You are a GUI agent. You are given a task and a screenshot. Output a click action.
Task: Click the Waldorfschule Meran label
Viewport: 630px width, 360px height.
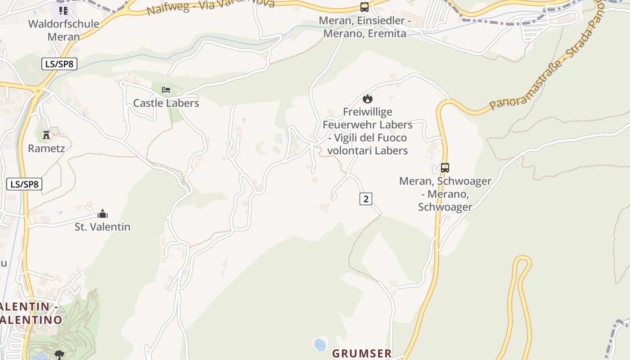(x=63, y=30)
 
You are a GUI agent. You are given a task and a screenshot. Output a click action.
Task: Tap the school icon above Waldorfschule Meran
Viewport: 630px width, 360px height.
(x=63, y=10)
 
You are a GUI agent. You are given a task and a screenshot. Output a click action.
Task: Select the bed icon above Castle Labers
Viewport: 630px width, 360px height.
(x=166, y=90)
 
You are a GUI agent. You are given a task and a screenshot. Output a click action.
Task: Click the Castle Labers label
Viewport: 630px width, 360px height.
(x=166, y=103)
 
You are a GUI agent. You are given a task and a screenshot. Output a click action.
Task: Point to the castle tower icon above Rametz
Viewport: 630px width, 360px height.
(x=46, y=135)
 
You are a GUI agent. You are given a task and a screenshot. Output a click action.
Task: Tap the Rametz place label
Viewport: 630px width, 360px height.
(x=46, y=148)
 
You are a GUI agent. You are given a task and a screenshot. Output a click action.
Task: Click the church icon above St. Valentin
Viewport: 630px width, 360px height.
(x=103, y=214)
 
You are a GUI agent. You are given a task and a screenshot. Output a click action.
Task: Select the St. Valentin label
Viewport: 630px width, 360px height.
(x=103, y=227)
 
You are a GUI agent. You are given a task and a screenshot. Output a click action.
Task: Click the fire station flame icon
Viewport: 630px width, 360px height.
(x=368, y=99)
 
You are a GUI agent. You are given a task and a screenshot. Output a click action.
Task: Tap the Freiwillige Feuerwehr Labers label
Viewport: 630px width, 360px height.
(x=368, y=131)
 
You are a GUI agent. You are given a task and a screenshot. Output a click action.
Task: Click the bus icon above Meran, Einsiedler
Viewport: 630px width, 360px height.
(x=364, y=7)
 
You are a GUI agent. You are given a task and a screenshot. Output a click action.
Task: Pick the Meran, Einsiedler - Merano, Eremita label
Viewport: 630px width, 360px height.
(x=365, y=27)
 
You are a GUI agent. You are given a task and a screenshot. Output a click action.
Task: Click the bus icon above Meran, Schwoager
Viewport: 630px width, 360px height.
(x=445, y=168)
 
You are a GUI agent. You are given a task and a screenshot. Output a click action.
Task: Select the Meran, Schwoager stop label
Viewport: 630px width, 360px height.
(x=445, y=194)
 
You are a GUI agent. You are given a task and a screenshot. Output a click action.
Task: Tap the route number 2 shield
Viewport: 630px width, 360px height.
(x=366, y=198)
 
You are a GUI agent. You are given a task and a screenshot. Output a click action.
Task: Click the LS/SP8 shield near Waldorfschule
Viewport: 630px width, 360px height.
(x=59, y=64)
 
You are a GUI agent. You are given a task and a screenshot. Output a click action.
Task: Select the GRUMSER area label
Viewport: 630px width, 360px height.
(x=362, y=353)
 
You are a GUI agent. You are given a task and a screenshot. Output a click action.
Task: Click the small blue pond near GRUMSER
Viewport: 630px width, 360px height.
(x=319, y=345)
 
